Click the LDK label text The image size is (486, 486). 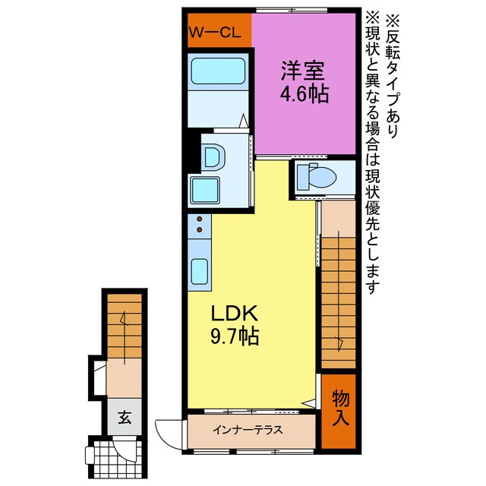click(235, 314)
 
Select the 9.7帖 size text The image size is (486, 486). click(235, 336)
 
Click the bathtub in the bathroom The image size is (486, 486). click(217, 72)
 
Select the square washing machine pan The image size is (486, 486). click(206, 188)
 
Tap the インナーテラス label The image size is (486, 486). click(248, 430)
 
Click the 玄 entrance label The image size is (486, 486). click(122, 416)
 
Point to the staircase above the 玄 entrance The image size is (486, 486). click(123, 323)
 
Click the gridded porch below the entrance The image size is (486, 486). click(112, 457)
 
